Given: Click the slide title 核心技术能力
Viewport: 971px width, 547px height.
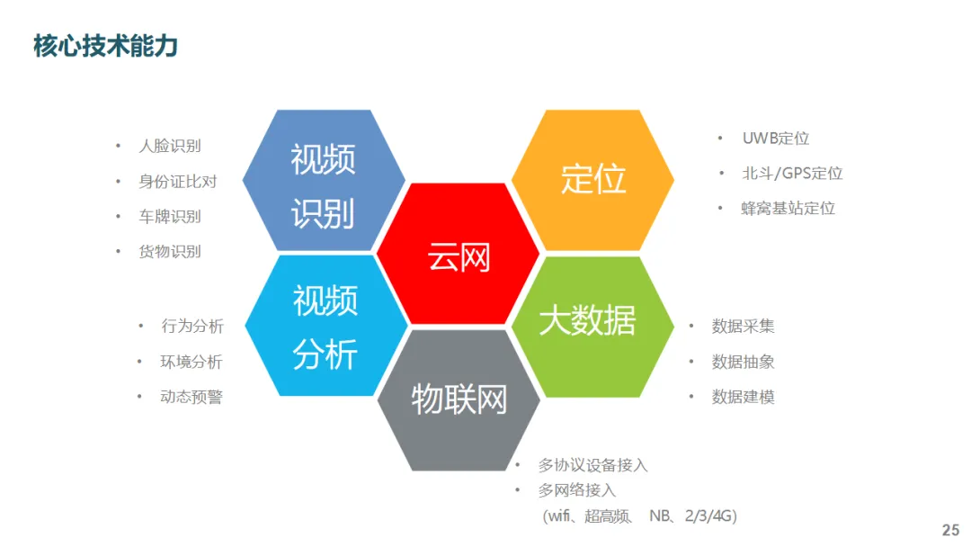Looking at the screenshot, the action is [x=105, y=46].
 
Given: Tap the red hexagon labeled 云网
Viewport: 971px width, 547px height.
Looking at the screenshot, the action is [x=459, y=256].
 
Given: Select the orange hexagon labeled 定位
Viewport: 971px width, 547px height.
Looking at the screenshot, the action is [x=592, y=179].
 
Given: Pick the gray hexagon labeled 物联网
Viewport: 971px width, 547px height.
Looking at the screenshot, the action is [x=459, y=399].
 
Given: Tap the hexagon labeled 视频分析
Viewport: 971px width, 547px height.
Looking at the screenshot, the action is [x=325, y=327].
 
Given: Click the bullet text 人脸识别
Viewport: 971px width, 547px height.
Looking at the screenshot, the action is [x=170, y=146].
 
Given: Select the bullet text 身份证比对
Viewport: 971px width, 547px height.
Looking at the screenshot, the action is [x=178, y=181].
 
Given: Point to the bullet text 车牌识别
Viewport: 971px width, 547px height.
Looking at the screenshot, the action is [x=170, y=217].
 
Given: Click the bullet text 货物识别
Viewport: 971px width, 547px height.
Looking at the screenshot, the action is [x=170, y=252].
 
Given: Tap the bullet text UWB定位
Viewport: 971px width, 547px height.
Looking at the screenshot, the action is [x=776, y=139].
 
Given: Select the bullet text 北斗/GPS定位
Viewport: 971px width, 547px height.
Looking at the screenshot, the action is [x=792, y=174].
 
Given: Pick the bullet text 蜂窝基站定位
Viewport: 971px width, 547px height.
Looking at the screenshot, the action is [x=788, y=209].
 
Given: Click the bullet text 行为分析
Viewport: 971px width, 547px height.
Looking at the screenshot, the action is [x=192, y=326].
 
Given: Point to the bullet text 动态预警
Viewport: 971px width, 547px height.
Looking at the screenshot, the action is [x=192, y=397].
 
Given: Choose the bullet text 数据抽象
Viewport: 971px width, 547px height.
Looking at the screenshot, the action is [x=743, y=362].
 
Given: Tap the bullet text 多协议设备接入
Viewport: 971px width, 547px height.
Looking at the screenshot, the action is [x=592, y=465].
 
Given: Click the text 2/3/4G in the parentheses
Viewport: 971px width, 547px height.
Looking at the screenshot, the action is [x=711, y=516].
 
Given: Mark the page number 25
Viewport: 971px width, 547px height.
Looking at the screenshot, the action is [x=950, y=530].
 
